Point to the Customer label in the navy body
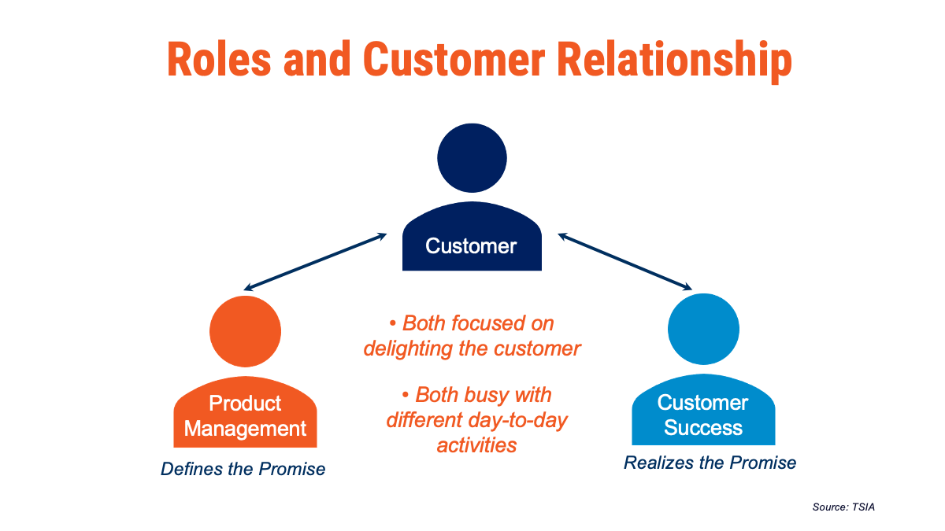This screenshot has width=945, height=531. pos(471,246)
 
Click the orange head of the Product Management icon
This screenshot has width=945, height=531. pos(245,331)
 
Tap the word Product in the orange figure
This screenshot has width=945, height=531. pos(245,404)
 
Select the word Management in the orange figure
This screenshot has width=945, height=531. pos(245,429)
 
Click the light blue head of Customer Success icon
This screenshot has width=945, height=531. pos(703,330)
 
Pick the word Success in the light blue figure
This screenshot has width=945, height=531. pos(703,428)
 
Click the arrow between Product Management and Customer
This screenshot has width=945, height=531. pos(315,261)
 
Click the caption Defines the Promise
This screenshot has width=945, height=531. pos(243,470)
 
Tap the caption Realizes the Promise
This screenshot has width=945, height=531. pos(710,463)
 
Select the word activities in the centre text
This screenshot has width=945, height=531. pos(476,444)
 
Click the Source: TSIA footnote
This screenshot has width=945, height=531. pos(843,507)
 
